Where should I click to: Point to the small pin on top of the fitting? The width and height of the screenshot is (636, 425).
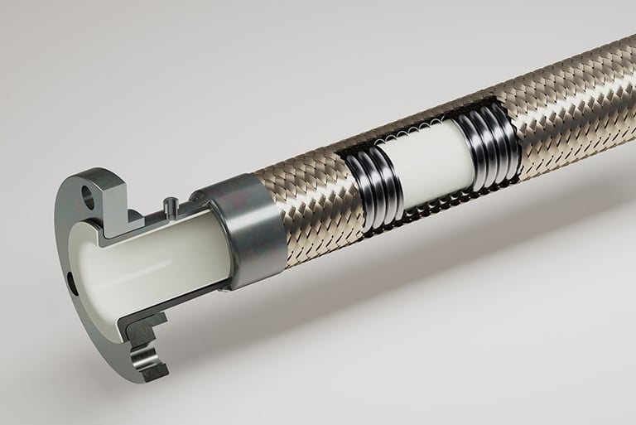click(x=170, y=203)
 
